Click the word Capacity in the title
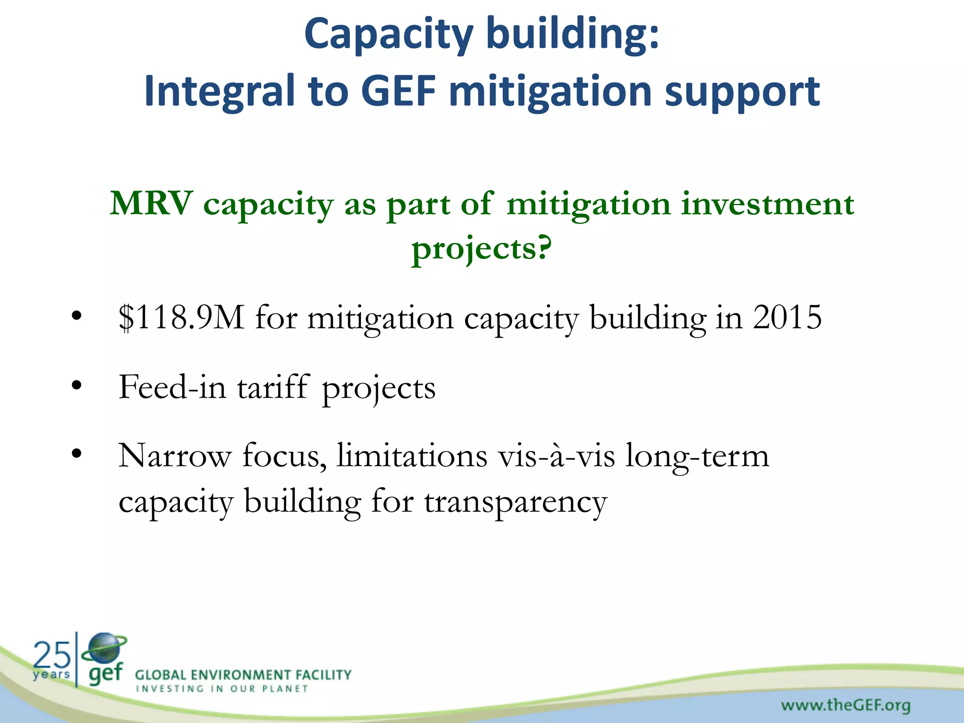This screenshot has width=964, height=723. click(x=388, y=35)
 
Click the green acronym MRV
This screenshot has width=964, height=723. click(x=151, y=204)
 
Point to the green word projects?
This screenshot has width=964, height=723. click(x=482, y=249)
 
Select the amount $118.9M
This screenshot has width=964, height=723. click(x=181, y=318)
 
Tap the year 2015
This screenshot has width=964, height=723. click(x=787, y=317)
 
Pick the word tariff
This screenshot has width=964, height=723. click(x=273, y=387)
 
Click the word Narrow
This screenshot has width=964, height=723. click(x=175, y=456)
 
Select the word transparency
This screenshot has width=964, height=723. click(x=515, y=502)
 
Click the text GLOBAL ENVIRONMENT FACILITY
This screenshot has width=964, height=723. click(x=243, y=675)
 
